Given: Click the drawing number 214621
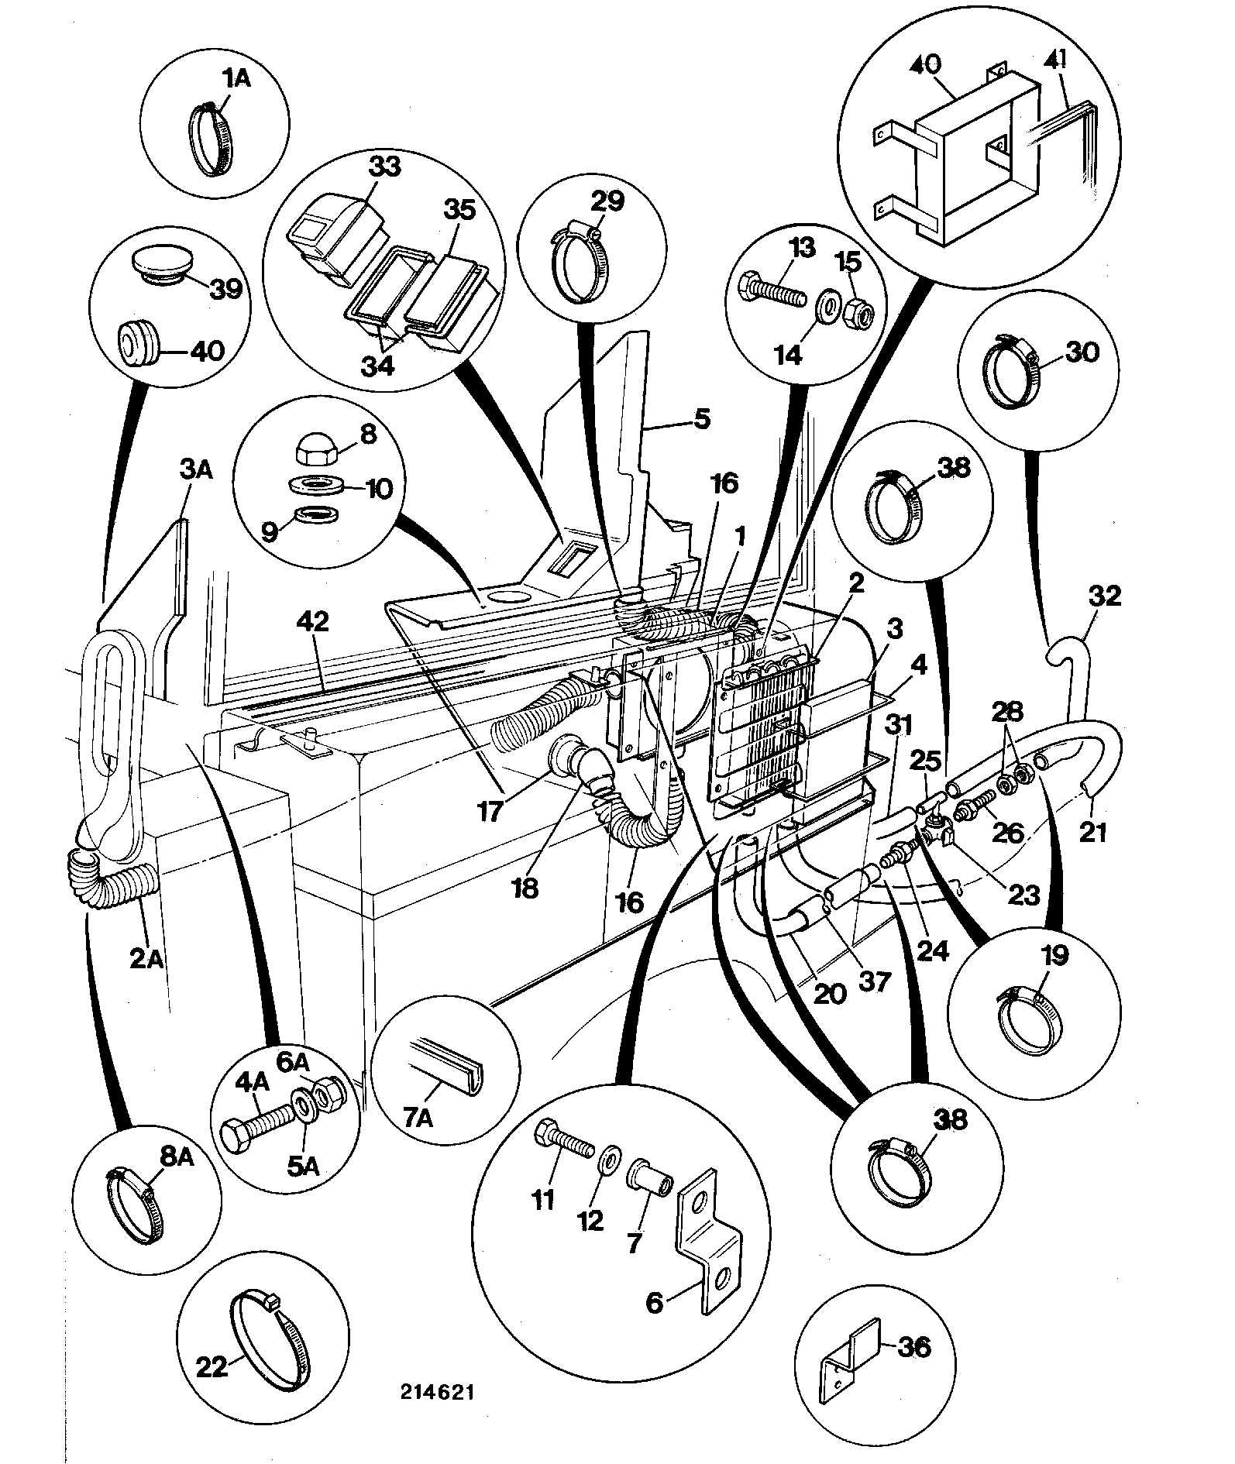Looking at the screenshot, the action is click(438, 1391).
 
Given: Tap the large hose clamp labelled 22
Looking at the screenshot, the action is click(268, 1330).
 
